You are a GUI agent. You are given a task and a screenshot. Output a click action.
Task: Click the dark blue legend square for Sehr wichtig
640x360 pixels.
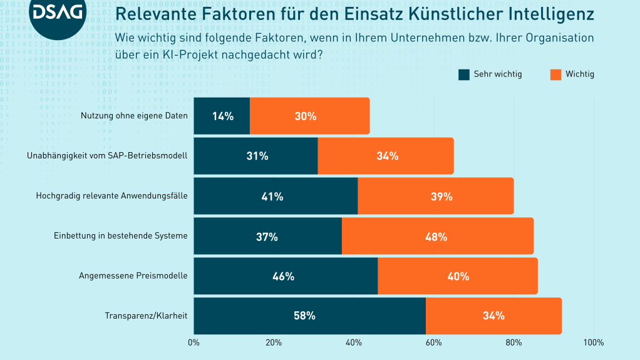(x=464, y=75)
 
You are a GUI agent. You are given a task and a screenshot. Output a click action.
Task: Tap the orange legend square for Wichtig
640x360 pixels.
(x=555, y=75)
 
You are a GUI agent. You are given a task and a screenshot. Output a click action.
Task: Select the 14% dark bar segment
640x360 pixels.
(x=222, y=116)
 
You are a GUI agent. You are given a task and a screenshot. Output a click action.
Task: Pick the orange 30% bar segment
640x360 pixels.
(x=309, y=116)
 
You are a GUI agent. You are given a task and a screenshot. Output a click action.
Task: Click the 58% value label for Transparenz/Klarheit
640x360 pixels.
(x=304, y=316)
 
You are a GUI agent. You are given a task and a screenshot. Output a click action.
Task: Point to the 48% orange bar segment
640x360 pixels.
(x=437, y=236)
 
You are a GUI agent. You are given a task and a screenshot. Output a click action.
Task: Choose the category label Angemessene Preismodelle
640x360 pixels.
(x=133, y=276)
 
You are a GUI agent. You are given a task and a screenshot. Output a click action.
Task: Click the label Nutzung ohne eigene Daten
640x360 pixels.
(x=135, y=116)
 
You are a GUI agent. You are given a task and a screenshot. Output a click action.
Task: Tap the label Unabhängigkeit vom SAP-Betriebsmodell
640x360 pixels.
(x=108, y=156)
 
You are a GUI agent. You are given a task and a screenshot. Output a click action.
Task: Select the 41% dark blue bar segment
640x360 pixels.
(x=276, y=196)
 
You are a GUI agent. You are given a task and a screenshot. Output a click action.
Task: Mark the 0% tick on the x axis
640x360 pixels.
(x=194, y=342)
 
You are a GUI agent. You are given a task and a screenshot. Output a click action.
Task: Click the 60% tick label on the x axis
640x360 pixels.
(x=434, y=342)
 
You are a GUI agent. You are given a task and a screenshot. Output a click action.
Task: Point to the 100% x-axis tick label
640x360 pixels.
(x=593, y=342)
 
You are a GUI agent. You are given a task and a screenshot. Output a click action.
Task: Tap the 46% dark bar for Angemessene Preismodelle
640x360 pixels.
(x=286, y=276)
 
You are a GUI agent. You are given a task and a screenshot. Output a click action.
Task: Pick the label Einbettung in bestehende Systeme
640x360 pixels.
(x=121, y=236)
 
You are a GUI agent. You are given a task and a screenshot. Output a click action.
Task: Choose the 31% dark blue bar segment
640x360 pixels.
(x=255, y=156)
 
